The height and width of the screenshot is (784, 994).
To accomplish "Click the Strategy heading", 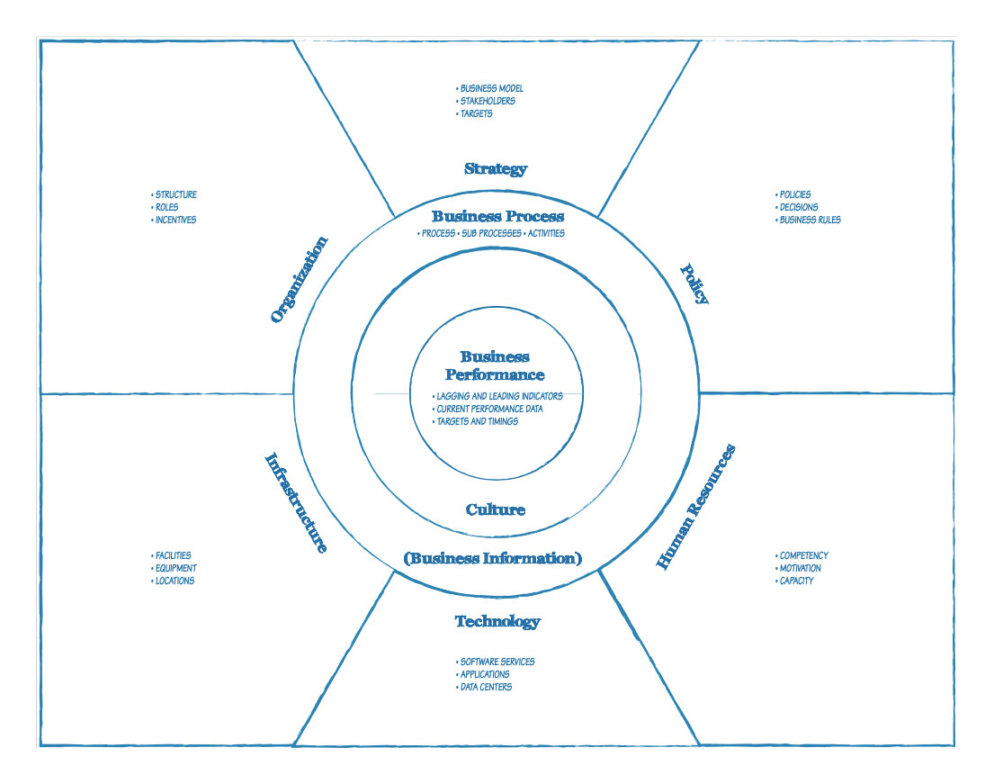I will point(496,168).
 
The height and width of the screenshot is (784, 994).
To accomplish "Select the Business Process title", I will point(497,216).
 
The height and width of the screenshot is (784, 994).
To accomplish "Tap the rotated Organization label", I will point(300,279).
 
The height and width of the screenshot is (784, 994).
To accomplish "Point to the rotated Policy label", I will point(694,284).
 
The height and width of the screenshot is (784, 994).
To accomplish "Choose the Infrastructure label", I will point(295,502).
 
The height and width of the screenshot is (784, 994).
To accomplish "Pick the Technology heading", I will point(497,621).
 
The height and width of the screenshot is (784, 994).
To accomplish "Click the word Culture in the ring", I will point(495,509).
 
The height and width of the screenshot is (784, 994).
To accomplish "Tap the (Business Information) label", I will point(493,558).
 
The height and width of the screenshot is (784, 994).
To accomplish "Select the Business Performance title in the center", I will point(495,366).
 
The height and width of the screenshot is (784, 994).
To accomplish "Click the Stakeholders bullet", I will point(488,101).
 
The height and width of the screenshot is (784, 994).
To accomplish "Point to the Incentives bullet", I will point(175,220).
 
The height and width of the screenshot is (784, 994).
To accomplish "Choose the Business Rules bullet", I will point(810,220).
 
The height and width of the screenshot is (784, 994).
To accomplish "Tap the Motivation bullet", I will point(800,568).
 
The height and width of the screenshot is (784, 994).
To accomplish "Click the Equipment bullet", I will point(175,568).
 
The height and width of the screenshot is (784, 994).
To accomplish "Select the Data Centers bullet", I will point(486,687).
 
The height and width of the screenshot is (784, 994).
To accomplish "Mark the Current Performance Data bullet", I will point(488,409).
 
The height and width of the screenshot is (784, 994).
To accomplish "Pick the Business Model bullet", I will point(491,88).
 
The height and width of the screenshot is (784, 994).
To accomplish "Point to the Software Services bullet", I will point(497,662).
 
